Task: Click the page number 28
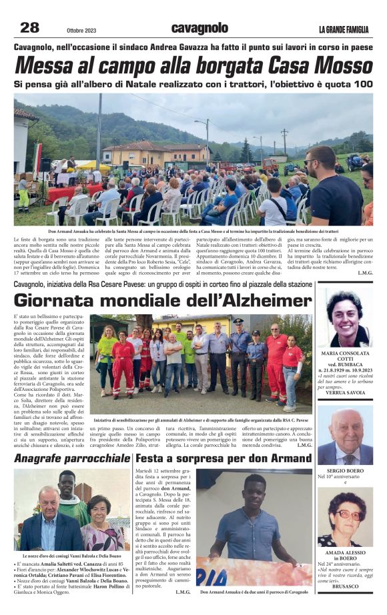[29, 27]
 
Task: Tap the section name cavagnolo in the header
[200, 28]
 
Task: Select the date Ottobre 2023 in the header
[81, 30]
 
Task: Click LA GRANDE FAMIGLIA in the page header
[343, 29]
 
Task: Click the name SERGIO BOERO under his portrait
[345, 470]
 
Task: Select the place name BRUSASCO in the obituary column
[344, 587]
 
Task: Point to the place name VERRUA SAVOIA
[344, 393]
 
